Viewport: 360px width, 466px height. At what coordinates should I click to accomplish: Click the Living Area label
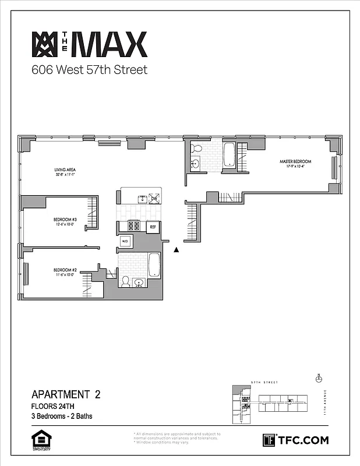[65, 171]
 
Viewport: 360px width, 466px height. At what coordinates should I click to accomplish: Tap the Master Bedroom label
[295, 164]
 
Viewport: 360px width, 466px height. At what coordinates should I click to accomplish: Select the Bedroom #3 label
[65, 222]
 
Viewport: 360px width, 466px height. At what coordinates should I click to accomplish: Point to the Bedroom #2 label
[65, 272]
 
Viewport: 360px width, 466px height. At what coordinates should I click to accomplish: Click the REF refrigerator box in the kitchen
[153, 227]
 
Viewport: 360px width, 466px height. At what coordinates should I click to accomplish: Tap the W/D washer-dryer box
[125, 241]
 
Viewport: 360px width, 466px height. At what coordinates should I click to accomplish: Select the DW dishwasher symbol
[154, 199]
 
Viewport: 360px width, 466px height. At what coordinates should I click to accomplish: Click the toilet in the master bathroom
[196, 147]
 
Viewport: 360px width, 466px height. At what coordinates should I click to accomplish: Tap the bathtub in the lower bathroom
[154, 265]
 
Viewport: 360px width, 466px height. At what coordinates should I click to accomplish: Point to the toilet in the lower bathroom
[125, 281]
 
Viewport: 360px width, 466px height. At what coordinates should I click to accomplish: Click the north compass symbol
[318, 378]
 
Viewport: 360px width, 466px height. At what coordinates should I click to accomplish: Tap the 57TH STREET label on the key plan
[264, 383]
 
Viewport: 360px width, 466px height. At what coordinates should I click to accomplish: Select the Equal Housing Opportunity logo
[39, 440]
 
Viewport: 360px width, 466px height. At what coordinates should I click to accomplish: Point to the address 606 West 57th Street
[89, 70]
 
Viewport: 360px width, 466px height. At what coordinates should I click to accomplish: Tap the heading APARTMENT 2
[66, 394]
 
